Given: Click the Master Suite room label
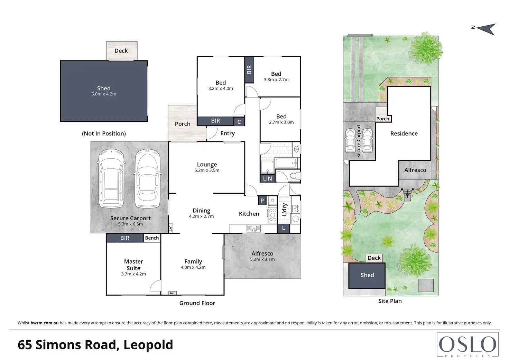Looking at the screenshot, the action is tap(133, 265).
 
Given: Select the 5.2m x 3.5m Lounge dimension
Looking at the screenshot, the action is tap(207, 170).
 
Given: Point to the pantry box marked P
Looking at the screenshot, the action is tap(262, 201).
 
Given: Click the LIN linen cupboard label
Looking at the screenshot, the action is tap(267, 178).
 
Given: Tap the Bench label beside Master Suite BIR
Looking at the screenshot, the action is tap(152, 238).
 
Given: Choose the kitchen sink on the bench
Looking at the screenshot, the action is tap(253, 228).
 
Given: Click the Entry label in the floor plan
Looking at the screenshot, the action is tap(228, 133).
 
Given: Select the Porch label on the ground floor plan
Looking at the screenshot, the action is tap(183, 124).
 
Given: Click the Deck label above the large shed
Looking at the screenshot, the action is tap(121, 51).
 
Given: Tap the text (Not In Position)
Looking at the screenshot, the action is tap(104, 133).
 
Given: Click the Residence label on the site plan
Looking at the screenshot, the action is tap(404, 133).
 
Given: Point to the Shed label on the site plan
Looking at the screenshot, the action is tap(367, 275).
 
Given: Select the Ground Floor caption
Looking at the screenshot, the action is tap(197, 303).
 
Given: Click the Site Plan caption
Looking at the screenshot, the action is tap(390, 301).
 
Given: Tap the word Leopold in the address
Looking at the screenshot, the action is tap(148, 344).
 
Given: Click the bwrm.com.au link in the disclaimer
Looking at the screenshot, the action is tap(45, 323).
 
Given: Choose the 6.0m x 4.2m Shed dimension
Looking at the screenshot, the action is tap(104, 94).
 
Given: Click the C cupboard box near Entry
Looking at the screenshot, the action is tap(239, 122).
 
